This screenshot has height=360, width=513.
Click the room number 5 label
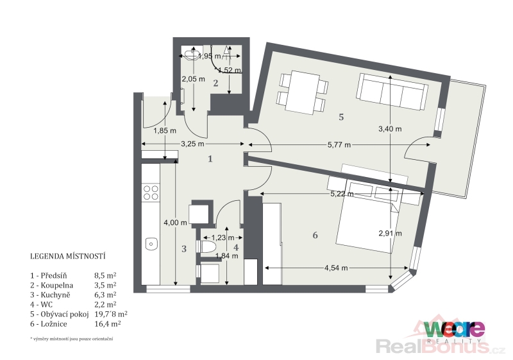click(x=341, y=117)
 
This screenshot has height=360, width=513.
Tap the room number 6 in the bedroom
click(x=315, y=235)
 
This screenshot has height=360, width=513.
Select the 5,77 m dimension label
click(x=339, y=144)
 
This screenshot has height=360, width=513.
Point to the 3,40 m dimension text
click(x=390, y=129)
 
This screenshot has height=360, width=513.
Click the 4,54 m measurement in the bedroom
click(x=336, y=268)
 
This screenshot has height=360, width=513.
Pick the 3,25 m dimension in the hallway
click(x=192, y=144)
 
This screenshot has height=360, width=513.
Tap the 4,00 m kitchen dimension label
click(x=175, y=223)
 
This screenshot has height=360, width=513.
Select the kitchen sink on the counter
click(x=151, y=244)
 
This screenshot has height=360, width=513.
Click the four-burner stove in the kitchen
click(x=151, y=193)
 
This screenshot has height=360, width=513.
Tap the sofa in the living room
click(x=392, y=92)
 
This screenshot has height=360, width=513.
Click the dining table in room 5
click(x=303, y=92)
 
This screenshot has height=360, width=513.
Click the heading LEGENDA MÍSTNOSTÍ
click(x=68, y=256)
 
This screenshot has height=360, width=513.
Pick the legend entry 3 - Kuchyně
click(x=50, y=295)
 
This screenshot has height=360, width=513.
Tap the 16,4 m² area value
click(x=107, y=324)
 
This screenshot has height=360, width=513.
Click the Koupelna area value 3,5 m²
click(x=105, y=285)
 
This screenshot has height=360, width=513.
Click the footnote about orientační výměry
click(x=71, y=339)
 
